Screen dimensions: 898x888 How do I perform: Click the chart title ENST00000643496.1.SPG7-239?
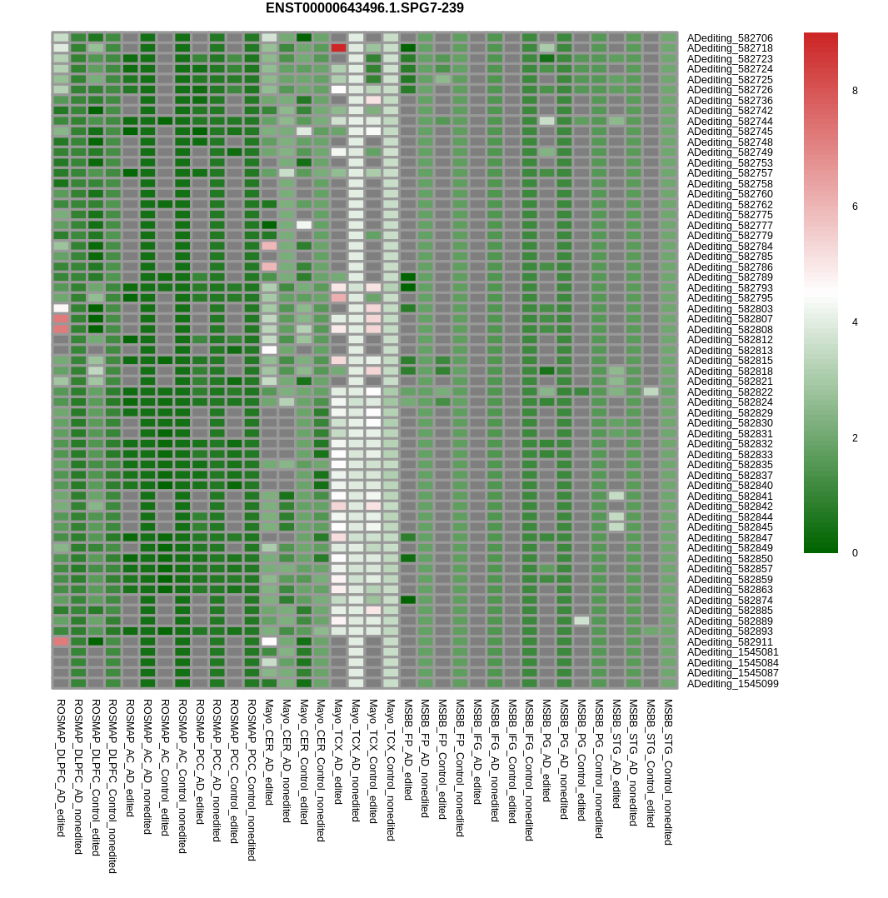tap(364, 8)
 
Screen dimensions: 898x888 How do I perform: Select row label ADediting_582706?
tap(729, 38)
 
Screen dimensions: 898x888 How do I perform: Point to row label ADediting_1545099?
tap(732, 684)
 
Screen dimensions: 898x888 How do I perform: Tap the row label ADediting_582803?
tap(729, 309)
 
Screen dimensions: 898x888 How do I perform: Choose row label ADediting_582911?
tap(729, 642)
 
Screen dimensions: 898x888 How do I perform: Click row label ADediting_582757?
tap(729, 173)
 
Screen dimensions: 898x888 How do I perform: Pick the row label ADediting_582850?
tap(729, 559)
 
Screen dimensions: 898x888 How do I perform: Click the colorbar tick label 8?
tap(854, 91)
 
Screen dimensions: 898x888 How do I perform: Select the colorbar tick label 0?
tap(854, 553)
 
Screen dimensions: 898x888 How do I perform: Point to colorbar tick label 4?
tap(854, 322)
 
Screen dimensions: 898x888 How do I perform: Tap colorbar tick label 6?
tap(854, 207)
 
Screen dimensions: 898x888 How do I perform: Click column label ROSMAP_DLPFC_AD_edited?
tap(61, 767)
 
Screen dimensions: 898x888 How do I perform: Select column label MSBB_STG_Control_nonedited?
tap(668, 771)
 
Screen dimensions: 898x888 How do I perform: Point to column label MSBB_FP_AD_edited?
tap(408, 749)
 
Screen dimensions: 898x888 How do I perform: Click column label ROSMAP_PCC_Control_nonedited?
tap(252, 779)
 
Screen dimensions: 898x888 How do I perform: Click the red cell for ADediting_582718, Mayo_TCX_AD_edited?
tap(338, 48)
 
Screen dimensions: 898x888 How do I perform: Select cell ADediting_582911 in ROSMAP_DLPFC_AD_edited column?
tap(61, 641)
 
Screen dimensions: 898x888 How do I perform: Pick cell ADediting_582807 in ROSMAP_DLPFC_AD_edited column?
tap(61, 318)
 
